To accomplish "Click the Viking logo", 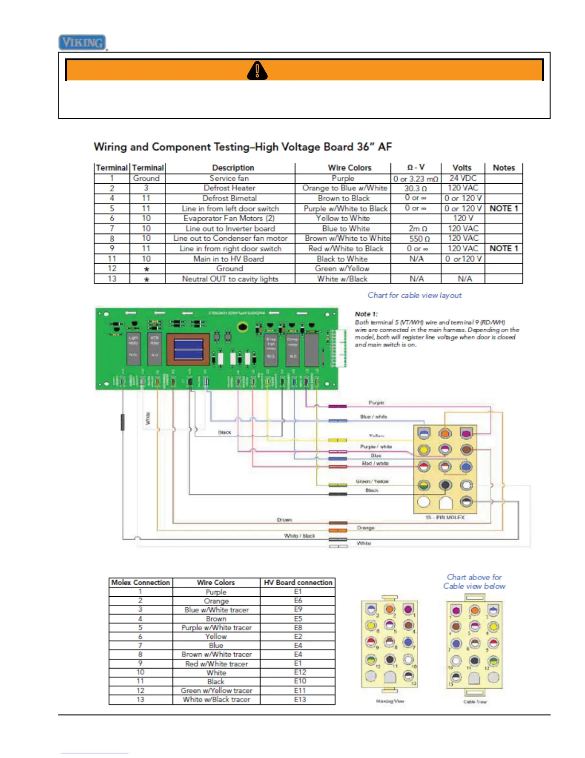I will tap(82, 43).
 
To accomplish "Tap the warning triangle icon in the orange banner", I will tap(257, 70).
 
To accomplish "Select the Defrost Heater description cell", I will tap(229, 188).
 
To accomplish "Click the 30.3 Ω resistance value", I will tap(415, 189).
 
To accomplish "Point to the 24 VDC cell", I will tap(463, 178).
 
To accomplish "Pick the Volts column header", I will tap(462, 168).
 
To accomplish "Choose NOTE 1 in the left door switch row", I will tap(504, 208).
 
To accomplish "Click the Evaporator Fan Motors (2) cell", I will tap(229, 218).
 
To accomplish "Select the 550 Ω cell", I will tap(419, 238).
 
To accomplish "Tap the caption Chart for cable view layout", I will tap(414, 295).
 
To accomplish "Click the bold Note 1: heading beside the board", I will tap(366, 314).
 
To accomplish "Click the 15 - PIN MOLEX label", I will tap(444, 518).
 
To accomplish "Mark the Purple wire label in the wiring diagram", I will tap(376, 403).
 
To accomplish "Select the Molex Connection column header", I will tap(141, 582).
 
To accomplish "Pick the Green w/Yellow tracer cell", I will tap(216, 691).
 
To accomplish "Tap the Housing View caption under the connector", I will tap(390, 701).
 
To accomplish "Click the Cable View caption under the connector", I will tap(475, 702).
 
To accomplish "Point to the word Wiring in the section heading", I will tap(110, 147).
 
